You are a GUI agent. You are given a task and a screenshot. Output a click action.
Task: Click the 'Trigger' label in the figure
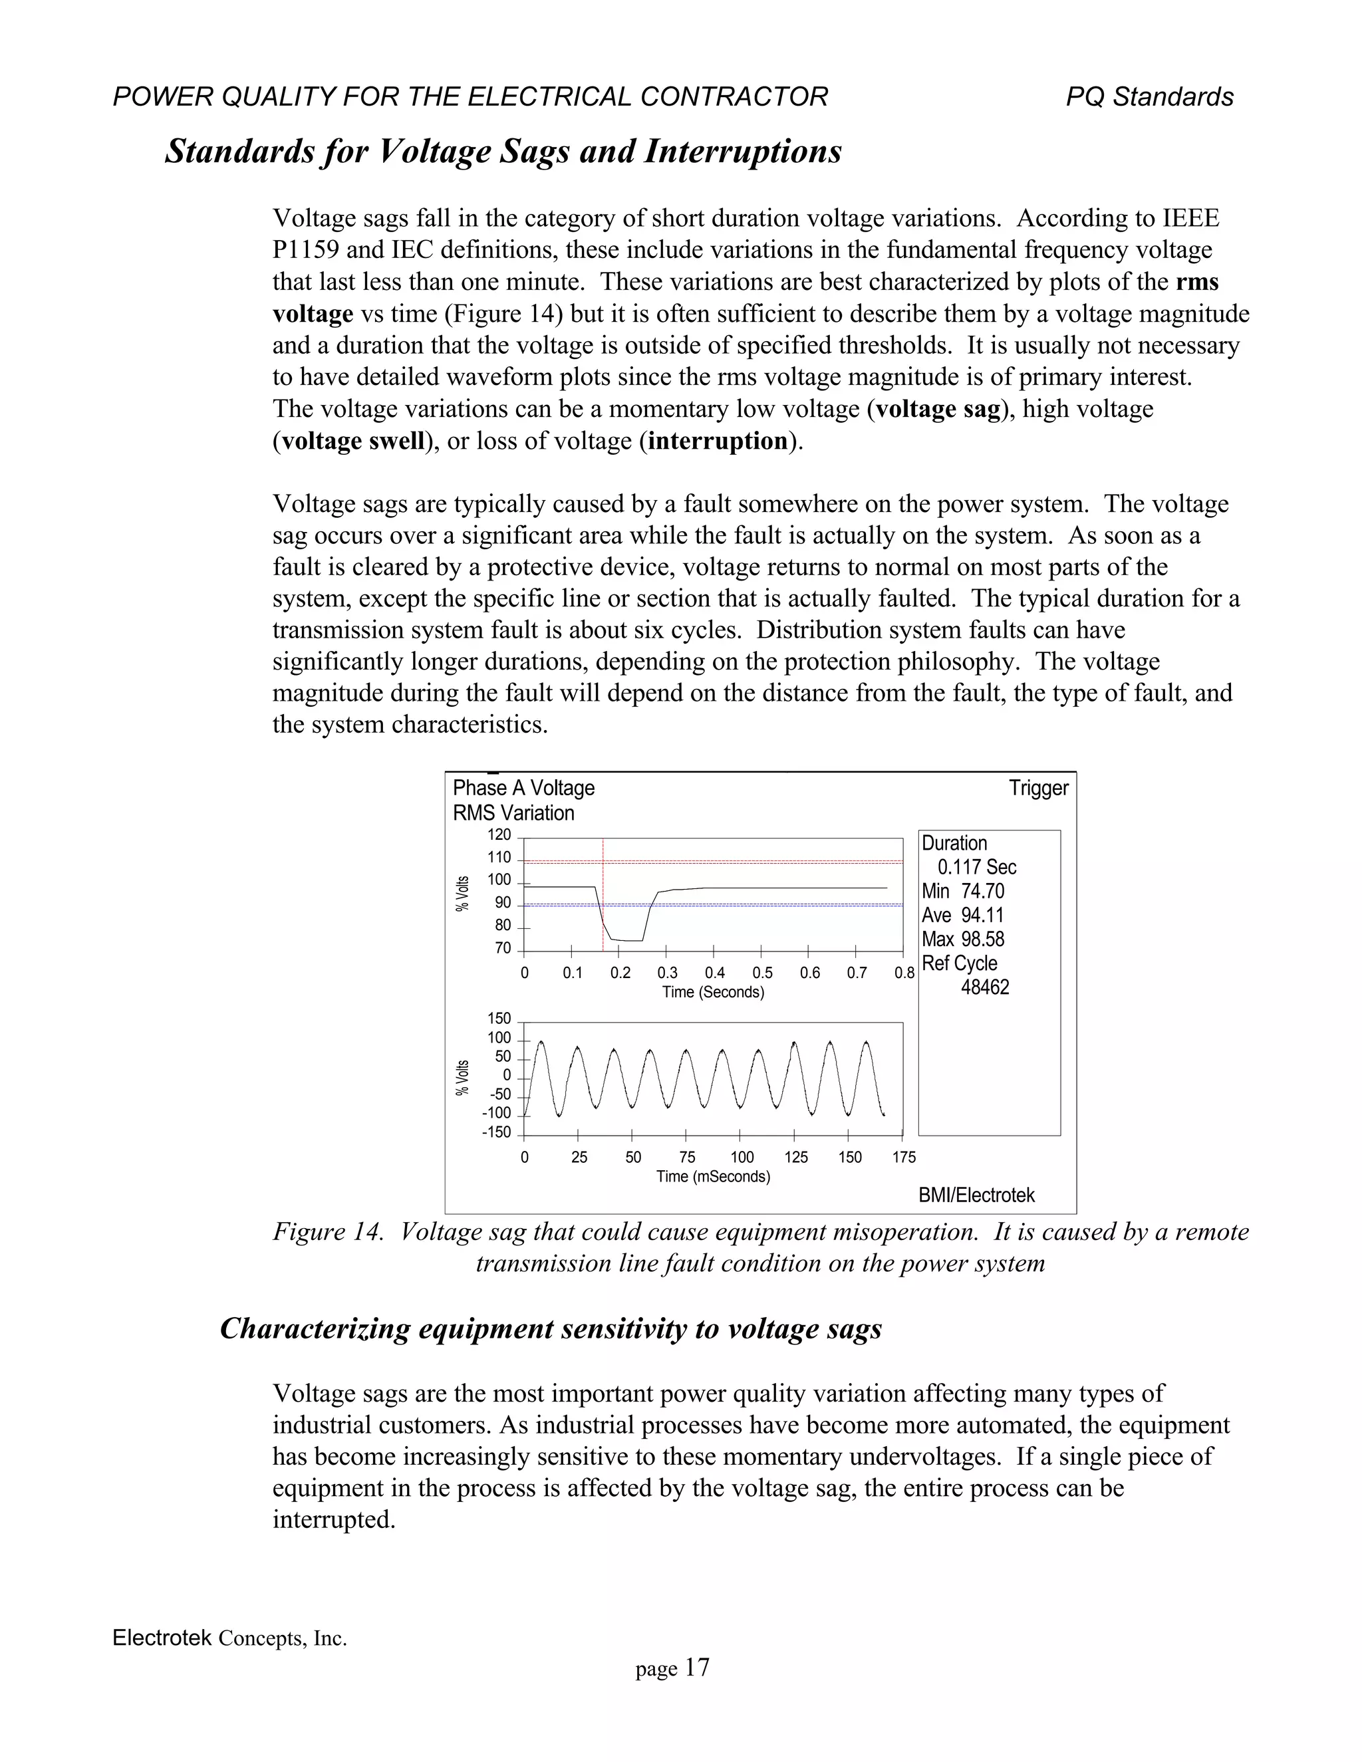click(1037, 788)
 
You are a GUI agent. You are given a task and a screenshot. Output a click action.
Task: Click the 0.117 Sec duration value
click(976, 867)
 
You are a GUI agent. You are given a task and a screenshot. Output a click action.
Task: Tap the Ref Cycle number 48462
click(984, 987)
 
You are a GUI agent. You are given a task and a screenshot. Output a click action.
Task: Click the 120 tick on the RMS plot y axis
click(499, 835)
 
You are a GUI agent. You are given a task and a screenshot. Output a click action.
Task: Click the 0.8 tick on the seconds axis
click(904, 973)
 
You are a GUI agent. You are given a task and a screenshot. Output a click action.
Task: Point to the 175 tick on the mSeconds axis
click(904, 1158)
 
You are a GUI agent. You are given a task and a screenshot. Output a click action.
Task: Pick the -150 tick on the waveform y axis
click(496, 1133)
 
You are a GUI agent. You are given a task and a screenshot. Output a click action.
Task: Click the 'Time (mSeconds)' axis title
click(712, 1176)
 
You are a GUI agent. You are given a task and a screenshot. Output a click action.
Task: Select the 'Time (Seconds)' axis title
click(712, 991)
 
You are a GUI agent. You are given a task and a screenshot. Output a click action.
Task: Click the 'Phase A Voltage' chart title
click(523, 788)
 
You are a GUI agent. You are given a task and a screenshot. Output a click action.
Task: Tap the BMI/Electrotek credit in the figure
click(976, 1195)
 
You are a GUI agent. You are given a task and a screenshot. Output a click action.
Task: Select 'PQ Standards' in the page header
click(1149, 97)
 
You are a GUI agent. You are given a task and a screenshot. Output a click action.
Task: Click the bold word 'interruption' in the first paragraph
click(718, 441)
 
